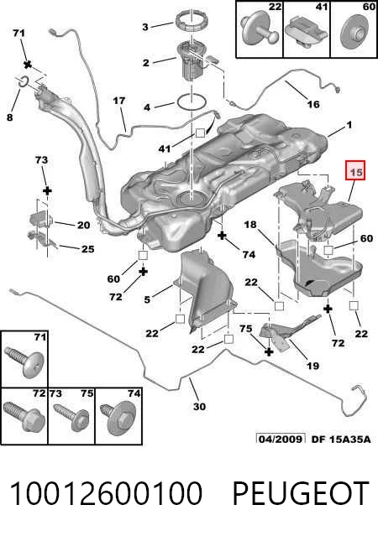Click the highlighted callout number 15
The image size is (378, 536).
pyautogui.click(x=356, y=170)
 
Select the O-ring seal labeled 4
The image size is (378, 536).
pyautogui.click(x=192, y=102)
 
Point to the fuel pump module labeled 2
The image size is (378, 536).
pyautogui.click(x=193, y=61)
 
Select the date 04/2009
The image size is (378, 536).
pyautogui.click(x=281, y=439)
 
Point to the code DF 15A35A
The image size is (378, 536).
pyautogui.click(x=341, y=439)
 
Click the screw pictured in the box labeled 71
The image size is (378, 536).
pyautogui.click(x=24, y=362)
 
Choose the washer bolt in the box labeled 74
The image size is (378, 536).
pyautogui.click(x=118, y=419)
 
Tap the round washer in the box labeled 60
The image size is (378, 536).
pyautogui.click(x=357, y=32)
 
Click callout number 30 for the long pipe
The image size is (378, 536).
pyautogui.click(x=199, y=407)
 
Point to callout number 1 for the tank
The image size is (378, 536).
pyautogui.click(x=349, y=126)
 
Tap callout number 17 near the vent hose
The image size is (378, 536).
pyautogui.click(x=119, y=101)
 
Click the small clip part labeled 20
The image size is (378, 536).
pyautogui.click(x=42, y=219)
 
